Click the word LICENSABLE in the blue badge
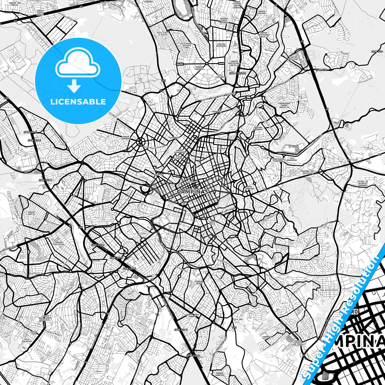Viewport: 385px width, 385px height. pyautogui.click(x=78, y=102)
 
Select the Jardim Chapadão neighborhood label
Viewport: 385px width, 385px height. pyautogui.click(x=125, y=138)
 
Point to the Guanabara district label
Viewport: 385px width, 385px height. pyautogui.click(x=175, y=138)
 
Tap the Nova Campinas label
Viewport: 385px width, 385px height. pyautogui.click(x=249, y=187)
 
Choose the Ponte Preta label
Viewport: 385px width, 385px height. pyautogui.click(x=212, y=223)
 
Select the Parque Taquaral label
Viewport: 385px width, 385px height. pyautogui.click(x=199, y=68)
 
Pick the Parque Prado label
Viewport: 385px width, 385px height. pyautogui.click(x=199, y=282)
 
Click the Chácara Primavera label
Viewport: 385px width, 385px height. pyautogui.click(x=221, y=45)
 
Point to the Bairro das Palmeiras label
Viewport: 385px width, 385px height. pyautogui.click(x=308, y=172)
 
